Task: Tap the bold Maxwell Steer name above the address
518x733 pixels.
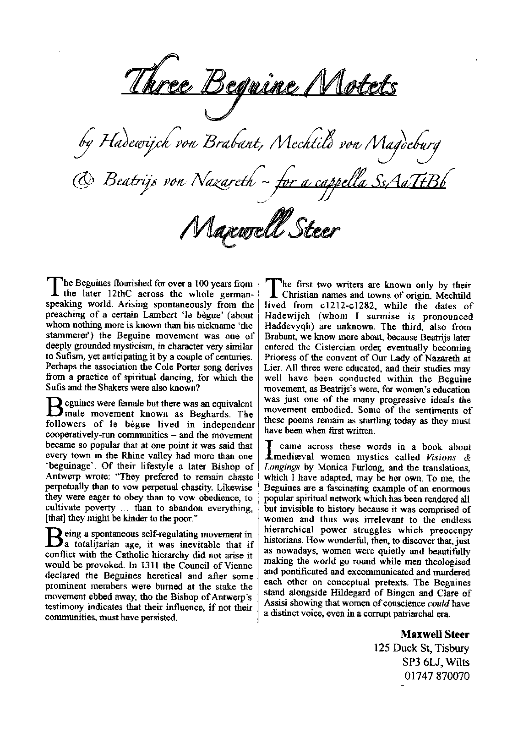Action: [435, 634]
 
